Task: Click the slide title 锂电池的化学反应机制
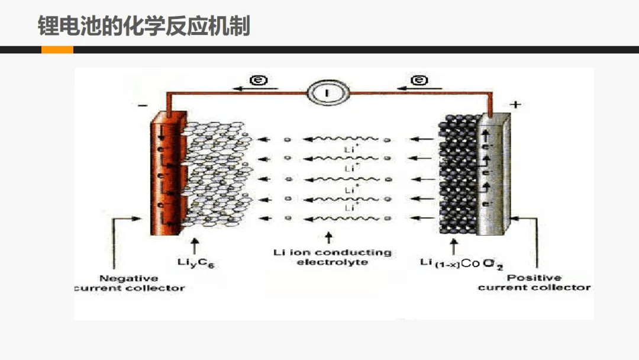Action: click(144, 26)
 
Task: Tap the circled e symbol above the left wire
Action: click(256, 80)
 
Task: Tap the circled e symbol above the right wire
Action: click(419, 80)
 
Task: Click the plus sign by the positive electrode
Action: click(515, 105)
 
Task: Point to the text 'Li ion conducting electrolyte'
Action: click(332, 257)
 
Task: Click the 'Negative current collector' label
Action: click(129, 283)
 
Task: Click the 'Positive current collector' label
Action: click(534, 282)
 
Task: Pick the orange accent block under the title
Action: click(57, 50)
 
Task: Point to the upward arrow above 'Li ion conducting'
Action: click(329, 238)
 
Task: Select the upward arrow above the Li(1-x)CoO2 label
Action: click(454, 245)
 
